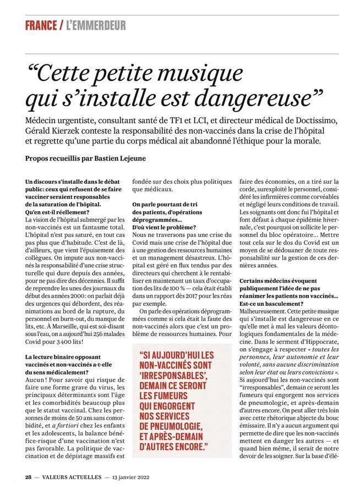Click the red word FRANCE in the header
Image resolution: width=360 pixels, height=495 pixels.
point(41,25)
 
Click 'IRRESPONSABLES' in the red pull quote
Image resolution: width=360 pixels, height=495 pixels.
point(173,376)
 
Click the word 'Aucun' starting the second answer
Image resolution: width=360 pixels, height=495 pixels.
point(36,380)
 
